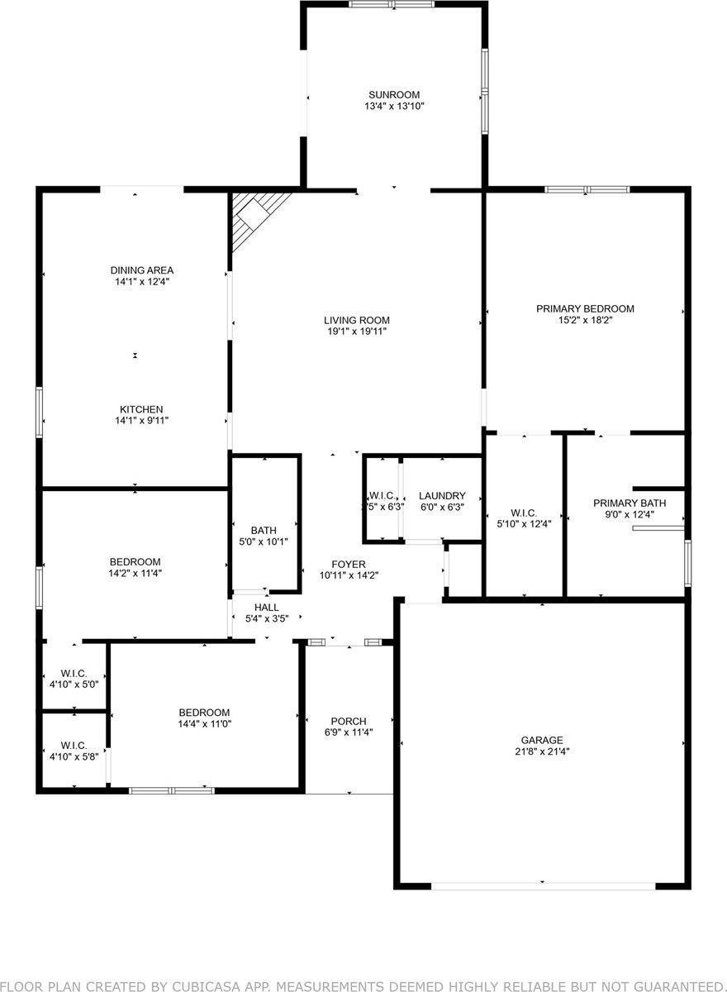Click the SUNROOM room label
pos(394,94)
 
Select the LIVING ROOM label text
pos(356,320)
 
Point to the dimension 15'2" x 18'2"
pos(585,321)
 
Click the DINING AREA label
pos(142,269)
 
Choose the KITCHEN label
pos(141,409)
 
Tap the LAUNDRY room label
pos(442,496)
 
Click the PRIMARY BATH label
pos(629,503)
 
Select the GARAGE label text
pos(541,740)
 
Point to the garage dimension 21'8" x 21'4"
pos(541,752)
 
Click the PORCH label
pos(348,721)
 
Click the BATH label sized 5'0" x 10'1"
pos(264,530)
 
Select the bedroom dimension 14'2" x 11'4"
pos(134,573)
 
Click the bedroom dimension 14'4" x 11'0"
pos(205,724)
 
